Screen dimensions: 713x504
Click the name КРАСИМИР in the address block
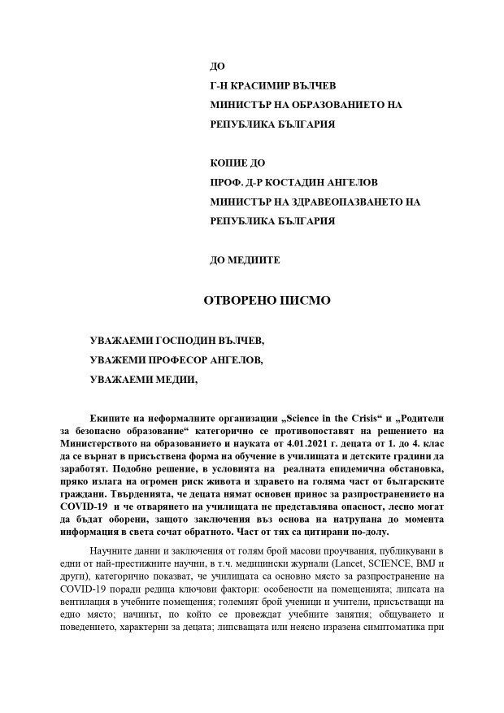(x=262, y=85)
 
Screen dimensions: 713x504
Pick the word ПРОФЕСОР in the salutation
(x=182, y=359)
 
